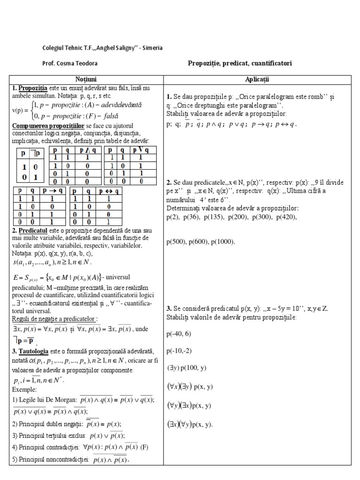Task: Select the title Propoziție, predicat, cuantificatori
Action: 240,63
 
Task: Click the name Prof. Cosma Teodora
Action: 70,63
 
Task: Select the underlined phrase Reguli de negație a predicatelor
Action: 54,319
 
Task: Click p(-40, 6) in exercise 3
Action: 179,335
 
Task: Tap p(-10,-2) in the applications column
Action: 179,351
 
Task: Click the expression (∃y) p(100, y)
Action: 186,368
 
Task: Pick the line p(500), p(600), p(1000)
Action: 201,242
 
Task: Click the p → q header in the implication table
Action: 51,191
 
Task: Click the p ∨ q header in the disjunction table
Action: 140,150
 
